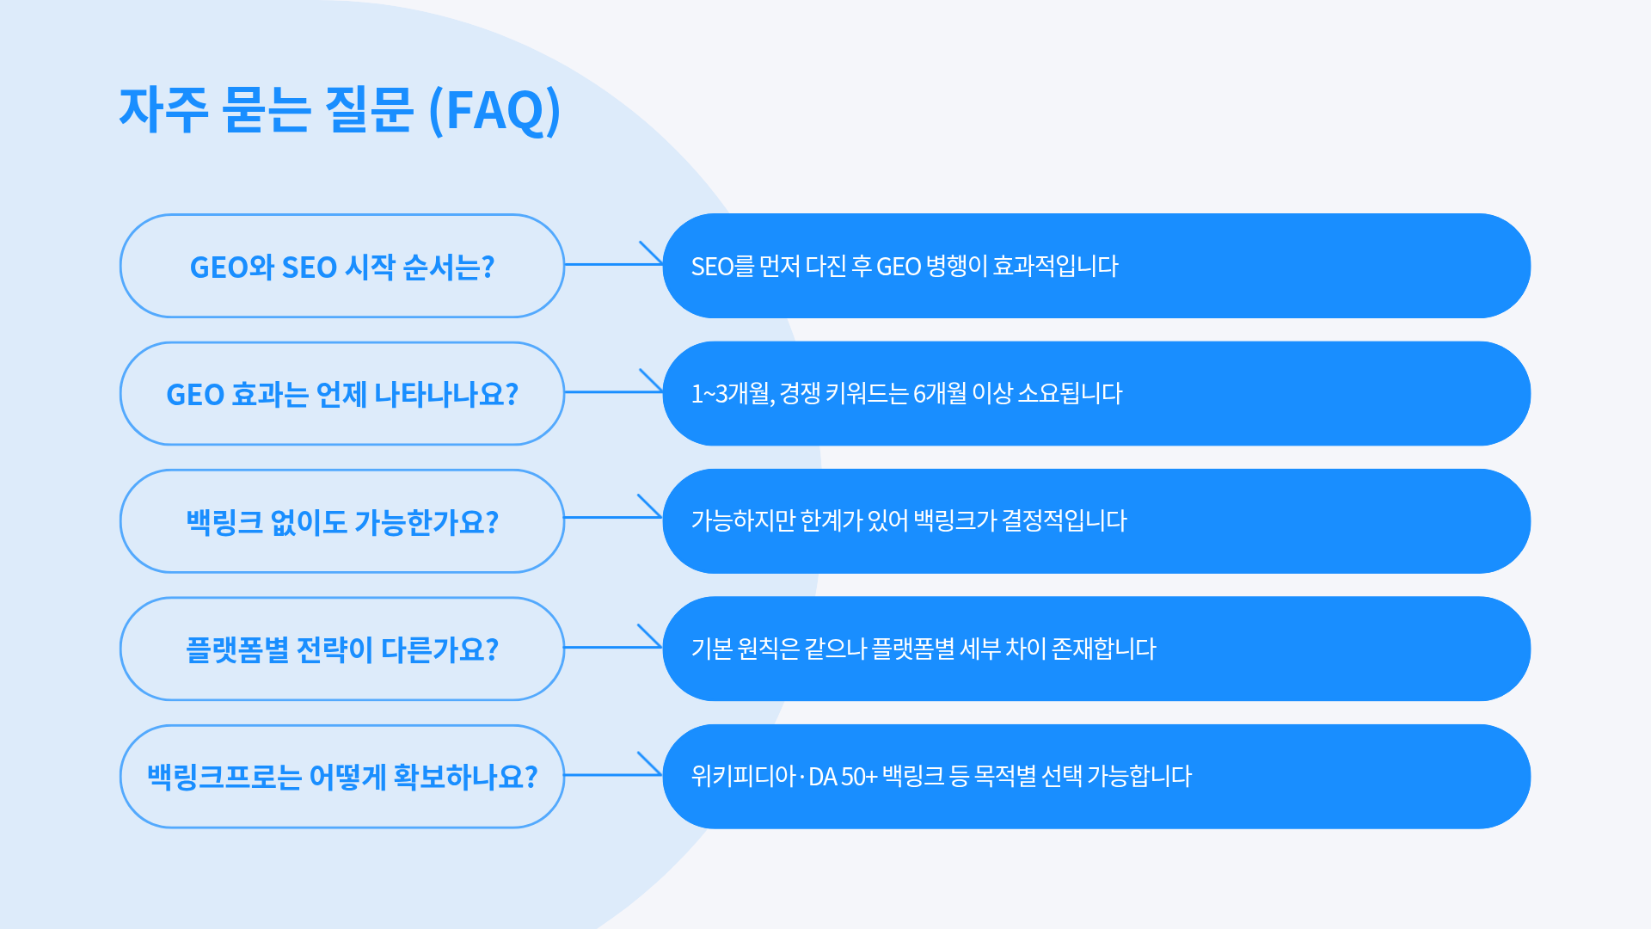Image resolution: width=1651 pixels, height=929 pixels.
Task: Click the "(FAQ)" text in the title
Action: point(494,110)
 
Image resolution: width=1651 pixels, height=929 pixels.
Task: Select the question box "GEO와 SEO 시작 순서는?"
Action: point(342,267)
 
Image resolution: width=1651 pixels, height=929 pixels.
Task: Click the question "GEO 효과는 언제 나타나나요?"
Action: point(342,394)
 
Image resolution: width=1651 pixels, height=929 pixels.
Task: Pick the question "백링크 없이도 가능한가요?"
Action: point(342,521)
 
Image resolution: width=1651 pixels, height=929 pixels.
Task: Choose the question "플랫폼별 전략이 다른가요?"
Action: point(342,649)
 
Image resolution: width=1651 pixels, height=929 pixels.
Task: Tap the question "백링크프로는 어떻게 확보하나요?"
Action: point(342,776)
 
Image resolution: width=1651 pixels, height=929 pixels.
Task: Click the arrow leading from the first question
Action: point(613,263)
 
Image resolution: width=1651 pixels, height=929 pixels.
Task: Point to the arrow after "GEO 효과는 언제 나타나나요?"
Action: point(613,391)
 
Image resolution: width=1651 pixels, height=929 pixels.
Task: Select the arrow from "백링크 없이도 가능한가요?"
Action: point(613,517)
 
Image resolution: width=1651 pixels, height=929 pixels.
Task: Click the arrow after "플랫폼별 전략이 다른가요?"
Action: point(613,646)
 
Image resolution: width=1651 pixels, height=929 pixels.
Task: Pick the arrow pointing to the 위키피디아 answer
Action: point(613,774)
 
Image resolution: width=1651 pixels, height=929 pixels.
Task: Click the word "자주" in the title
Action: point(163,110)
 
